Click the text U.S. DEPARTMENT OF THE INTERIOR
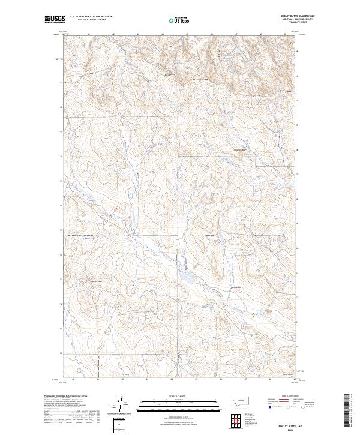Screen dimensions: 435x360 (91, 17)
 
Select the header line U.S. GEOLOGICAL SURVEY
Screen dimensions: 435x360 (91, 20)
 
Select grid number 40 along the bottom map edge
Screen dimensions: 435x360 (73, 379)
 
